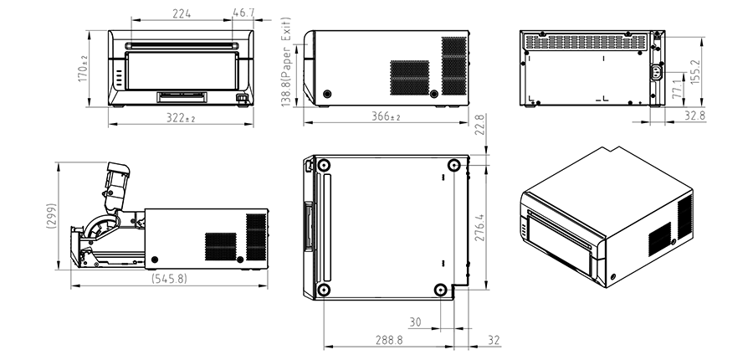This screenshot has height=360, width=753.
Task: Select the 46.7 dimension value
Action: pyautogui.click(x=243, y=13)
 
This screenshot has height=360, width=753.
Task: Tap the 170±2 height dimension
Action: pyautogui.click(x=82, y=68)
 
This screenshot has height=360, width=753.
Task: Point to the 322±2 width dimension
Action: pyautogui.click(x=180, y=119)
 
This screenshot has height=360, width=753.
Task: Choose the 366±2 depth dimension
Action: pyautogui.click(x=386, y=117)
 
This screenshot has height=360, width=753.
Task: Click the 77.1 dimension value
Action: pyautogui.click(x=675, y=86)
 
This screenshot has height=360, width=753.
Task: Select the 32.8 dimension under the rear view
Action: pyautogui.click(x=694, y=116)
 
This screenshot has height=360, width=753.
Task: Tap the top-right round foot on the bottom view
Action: pyautogui.click(x=453, y=166)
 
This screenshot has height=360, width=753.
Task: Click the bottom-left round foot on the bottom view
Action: pyautogui.click(x=324, y=290)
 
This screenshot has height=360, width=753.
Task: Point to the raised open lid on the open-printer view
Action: pyautogui.click(x=115, y=183)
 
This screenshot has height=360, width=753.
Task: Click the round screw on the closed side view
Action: pyautogui.click(x=326, y=93)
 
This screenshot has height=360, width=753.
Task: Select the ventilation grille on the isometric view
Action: pyautogui.click(x=660, y=239)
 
